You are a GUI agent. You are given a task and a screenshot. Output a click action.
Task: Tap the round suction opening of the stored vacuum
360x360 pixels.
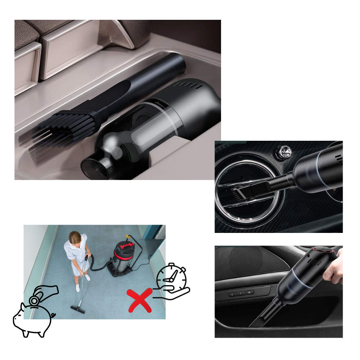tap(95, 167)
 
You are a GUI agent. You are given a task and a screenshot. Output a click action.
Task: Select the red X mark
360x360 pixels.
tap(139, 300)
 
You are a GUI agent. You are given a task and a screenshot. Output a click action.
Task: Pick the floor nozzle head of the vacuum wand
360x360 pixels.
tap(78, 308)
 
